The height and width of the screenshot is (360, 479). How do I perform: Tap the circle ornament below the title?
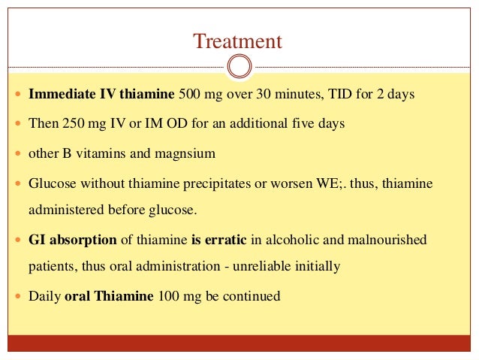click(x=239, y=66)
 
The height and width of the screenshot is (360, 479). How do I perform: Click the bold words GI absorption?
click(x=72, y=241)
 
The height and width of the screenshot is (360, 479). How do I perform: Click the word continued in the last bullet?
click(x=253, y=296)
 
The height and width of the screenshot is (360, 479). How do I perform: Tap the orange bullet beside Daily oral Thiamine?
click(x=18, y=297)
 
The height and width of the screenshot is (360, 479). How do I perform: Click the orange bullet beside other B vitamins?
click(x=18, y=154)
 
